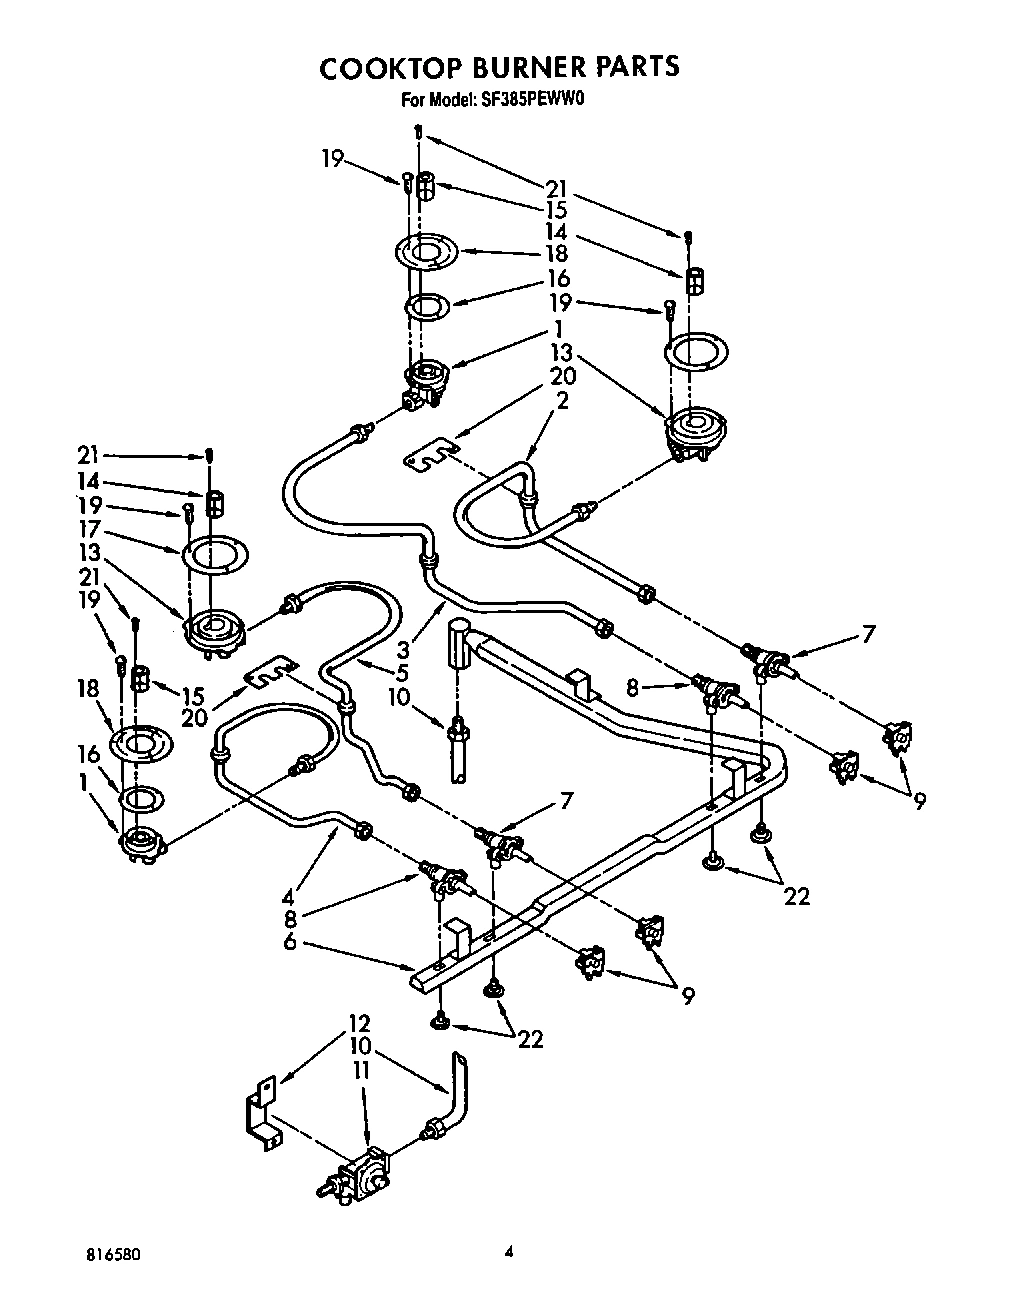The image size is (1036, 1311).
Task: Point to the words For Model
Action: [x=437, y=100]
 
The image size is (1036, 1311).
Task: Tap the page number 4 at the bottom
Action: [x=509, y=1251]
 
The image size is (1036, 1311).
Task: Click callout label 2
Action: [x=563, y=400]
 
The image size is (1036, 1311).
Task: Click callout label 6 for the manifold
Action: [x=289, y=943]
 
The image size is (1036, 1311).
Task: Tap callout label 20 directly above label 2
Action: [x=563, y=377]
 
